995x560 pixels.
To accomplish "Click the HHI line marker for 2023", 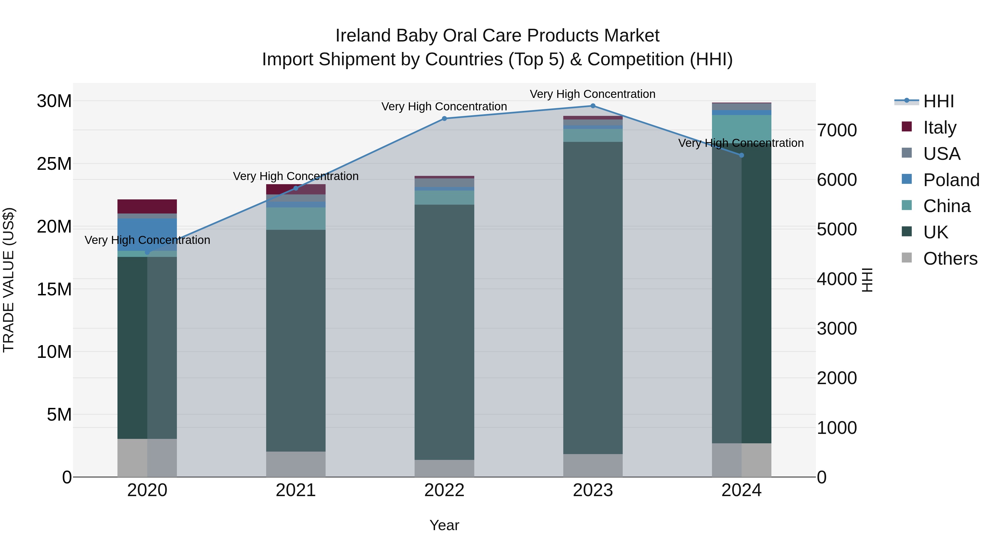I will (593, 106).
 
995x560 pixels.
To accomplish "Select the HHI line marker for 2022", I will (444, 119).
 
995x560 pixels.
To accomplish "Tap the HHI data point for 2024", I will (741, 155).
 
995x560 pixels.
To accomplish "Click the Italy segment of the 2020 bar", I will (147, 206).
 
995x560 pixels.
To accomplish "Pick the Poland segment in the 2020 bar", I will (147, 235).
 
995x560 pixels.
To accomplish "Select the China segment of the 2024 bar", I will (741, 127).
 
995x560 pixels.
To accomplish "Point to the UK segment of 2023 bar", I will (593, 298).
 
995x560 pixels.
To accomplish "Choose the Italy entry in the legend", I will (939, 127).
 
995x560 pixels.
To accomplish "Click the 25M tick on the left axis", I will (54, 164).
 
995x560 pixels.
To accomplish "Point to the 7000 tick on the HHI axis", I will (837, 130).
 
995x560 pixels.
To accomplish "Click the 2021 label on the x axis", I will (295, 490).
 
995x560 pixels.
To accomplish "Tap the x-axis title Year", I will (444, 525).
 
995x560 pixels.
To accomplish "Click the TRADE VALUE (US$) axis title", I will (9, 280).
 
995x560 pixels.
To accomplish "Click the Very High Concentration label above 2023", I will (593, 94).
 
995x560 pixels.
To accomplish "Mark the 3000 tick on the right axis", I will (837, 329).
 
